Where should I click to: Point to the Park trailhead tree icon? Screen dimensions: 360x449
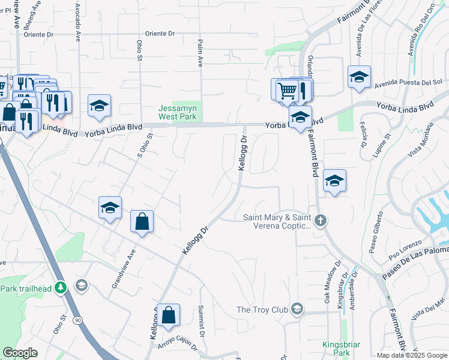click(60, 288)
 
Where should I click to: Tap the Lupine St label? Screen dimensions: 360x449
click(385, 148)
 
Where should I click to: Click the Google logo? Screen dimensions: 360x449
click(20, 353)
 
